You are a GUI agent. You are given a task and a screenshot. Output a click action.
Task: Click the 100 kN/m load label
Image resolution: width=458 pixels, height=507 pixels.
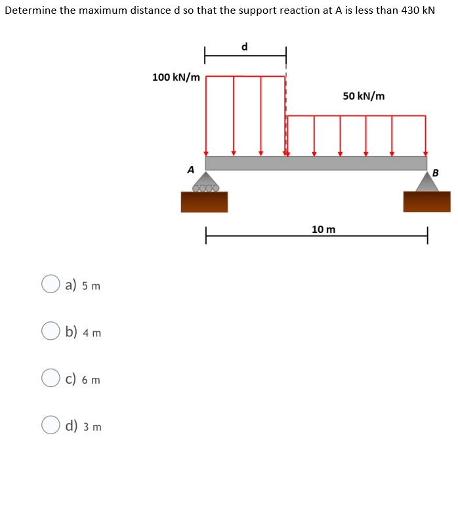pos(176,77)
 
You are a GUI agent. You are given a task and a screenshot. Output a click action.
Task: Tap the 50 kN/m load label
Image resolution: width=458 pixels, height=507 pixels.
pos(364,96)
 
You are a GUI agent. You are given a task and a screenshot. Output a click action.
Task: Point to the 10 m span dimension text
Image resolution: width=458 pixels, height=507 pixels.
pos(323,229)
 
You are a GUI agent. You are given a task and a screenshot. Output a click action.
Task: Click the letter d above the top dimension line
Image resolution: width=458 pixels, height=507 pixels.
pos(245,47)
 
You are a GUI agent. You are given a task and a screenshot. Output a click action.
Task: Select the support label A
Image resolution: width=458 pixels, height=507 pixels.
pos(191,169)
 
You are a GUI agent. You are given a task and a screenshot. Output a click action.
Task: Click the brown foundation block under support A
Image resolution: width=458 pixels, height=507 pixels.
pos(204,202)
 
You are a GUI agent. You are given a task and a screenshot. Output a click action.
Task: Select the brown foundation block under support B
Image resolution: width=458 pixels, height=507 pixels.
pos(427,202)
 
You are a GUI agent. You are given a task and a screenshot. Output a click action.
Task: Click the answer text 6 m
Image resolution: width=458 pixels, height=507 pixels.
pos(91,380)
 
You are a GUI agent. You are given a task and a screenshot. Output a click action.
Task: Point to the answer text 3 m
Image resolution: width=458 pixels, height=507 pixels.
pos(92,427)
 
